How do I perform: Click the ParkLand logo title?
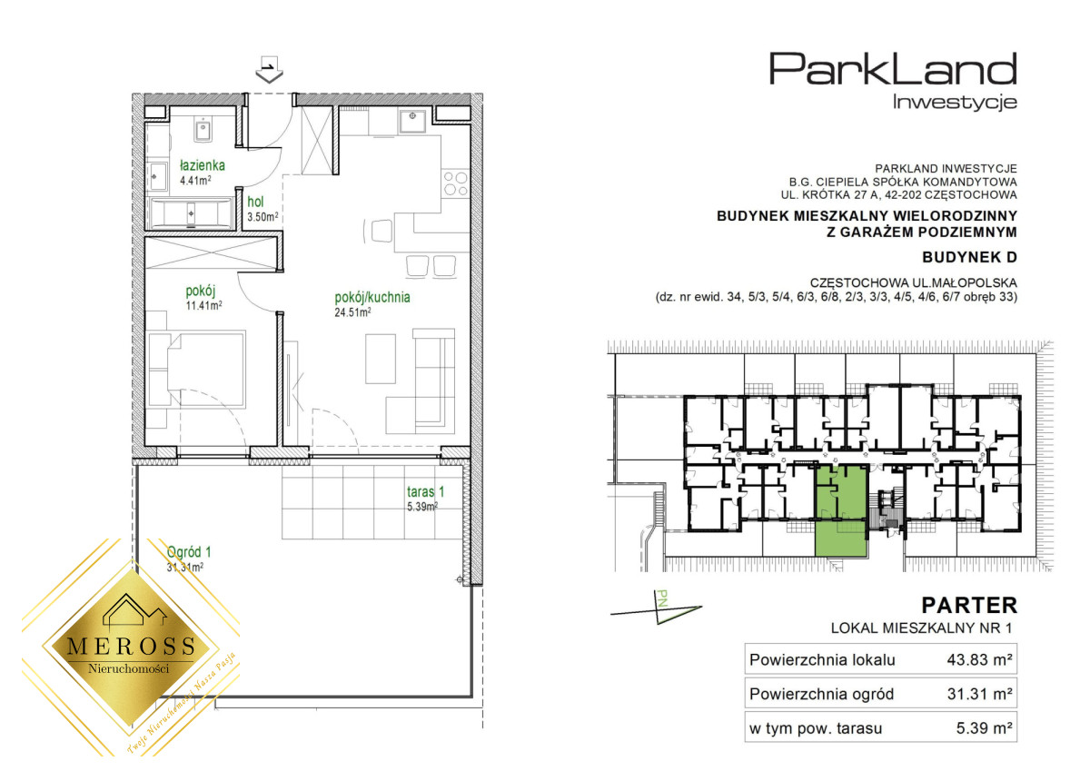coord(893,69)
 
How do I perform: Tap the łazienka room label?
coord(203,165)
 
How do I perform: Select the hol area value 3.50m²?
coord(263,216)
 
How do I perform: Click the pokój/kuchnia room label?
coord(372,297)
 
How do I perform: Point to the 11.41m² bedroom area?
coord(203,305)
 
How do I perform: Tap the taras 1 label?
coord(426,491)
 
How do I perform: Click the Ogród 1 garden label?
coord(189,551)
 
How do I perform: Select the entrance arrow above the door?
coord(269,70)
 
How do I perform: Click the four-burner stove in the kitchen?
coord(455,183)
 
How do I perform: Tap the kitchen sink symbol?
coord(413,121)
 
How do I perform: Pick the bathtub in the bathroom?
coord(192,213)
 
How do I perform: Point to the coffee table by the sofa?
coord(381,359)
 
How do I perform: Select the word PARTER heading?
coord(969,606)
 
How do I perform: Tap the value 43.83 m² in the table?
coord(979,659)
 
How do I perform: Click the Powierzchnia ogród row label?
coord(821,694)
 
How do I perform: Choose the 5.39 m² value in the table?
coord(985,728)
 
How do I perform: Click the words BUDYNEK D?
coord(969,257)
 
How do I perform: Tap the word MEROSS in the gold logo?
coord(131,646)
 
